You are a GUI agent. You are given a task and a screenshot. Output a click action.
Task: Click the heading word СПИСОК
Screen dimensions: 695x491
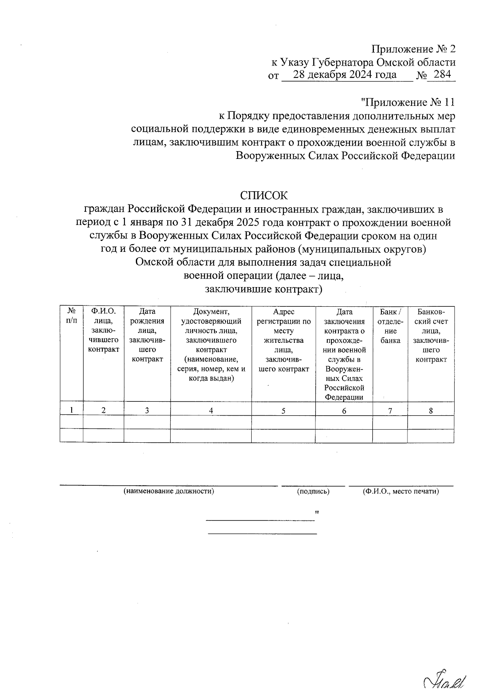tap(264, 195)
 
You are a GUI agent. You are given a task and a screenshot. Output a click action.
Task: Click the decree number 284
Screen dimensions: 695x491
tap(441, 75)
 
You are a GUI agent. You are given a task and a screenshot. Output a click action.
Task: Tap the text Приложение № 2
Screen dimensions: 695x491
tap(413, 50)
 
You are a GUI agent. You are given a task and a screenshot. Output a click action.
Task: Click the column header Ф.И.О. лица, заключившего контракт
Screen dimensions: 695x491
tap(104, 330)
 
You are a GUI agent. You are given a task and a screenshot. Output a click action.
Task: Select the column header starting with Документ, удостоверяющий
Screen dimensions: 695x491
tap(211, 344)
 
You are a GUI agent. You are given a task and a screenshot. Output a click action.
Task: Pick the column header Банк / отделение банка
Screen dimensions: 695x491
tap(390, 326)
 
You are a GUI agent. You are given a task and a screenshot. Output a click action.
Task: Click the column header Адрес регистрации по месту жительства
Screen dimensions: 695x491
tap(284, 340)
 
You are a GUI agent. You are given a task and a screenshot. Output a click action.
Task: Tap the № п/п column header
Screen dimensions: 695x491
tap(71, 316)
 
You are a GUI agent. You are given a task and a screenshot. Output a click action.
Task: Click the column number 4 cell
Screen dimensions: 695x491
tap(211, 410)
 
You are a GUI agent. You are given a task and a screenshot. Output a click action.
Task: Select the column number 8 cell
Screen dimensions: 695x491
tap(430, 410)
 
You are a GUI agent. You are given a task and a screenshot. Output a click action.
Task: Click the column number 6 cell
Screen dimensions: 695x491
tap(344, 410)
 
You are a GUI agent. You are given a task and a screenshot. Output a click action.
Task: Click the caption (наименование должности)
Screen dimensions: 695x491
tap(169, 491)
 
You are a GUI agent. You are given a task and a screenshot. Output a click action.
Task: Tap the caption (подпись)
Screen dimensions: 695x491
tap(313, 491)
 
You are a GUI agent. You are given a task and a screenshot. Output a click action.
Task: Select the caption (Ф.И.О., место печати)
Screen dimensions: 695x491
tap(401, 491)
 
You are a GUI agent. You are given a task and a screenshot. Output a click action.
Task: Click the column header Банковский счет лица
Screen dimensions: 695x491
tap(430, 335)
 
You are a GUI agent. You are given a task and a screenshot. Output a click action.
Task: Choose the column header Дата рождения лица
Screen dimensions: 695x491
tap(147, 335)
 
